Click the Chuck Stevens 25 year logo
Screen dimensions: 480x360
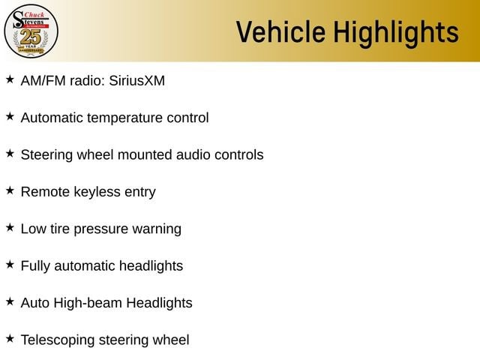[x=31, y=31]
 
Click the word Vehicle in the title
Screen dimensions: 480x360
[x=280, y=31]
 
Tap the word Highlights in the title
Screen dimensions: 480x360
[x=396, y=34]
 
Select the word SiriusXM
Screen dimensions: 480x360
[x=136, y=81]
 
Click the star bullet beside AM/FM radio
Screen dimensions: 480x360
[x=10, y=79]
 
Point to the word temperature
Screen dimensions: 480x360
[x=124, y=118]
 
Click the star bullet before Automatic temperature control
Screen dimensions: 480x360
[x=10, y=116]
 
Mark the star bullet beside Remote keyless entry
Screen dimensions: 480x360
[x=10, y=190]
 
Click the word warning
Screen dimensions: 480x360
[x=157, y=229]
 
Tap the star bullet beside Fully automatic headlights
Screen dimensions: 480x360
[x=10, y=265]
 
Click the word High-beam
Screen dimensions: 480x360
[x=88, y=303]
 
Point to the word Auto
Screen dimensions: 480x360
[x=35, y=303]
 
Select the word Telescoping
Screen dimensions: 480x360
[x=58, y=340]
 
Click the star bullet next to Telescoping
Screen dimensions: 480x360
[x=10, y=338]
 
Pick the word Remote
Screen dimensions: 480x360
[x=45, y=192]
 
